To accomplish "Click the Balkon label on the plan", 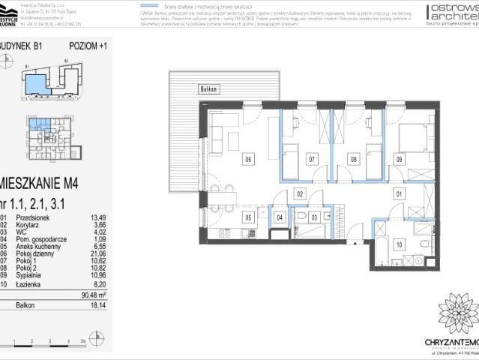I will click(208, 89).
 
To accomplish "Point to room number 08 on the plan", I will click(354, 159).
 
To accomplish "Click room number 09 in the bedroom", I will click(399, 159).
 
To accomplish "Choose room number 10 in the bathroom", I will click(399, 244).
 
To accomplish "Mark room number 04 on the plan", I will click(280, 218).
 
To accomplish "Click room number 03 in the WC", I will click(315, 218).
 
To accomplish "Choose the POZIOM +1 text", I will click(88, 45).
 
